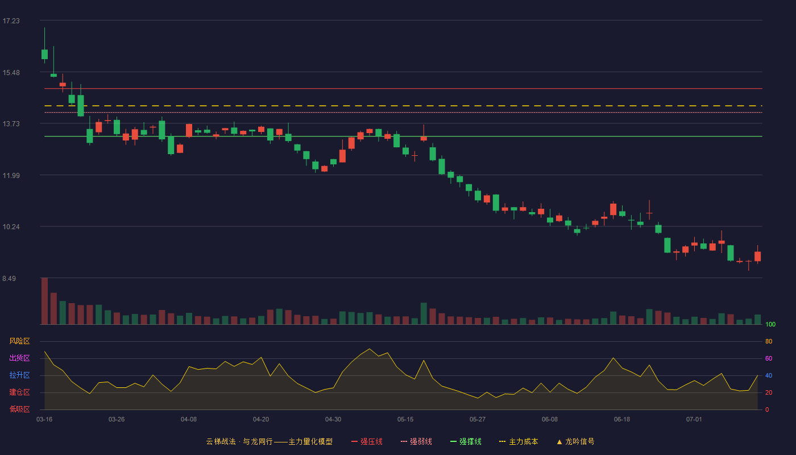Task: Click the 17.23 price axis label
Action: (11, 21)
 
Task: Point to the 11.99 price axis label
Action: (11, 176)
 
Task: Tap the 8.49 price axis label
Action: (9, 278)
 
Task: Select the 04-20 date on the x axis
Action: (261, 420)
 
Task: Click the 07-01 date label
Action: (694, 420)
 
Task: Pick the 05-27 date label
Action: (477, 420)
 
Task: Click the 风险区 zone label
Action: (19, 341)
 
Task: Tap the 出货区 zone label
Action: (19, 358)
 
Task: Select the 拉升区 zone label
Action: (19, 375)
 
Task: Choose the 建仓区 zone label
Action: (19, 392)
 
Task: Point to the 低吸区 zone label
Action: (19, 409)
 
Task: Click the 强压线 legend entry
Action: (367, 442)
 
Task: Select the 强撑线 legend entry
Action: (466, 442)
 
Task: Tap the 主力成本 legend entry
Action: (519, 442)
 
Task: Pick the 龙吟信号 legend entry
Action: (575, 442)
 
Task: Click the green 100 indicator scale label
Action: (770, 324)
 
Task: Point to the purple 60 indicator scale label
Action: (769, 358)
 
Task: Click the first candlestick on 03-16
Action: (44, 54)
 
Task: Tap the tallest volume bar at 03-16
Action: (44, 301)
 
